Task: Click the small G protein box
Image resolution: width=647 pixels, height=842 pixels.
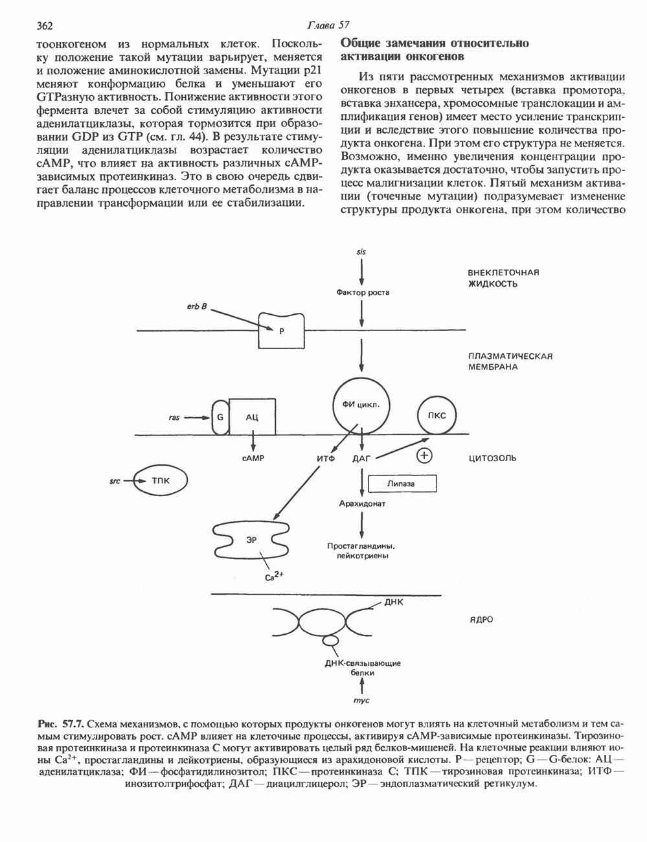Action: pos(220,416)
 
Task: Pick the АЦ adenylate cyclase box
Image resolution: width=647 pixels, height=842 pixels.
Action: pos(252,416)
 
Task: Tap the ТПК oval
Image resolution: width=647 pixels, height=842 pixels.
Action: pos(161,481)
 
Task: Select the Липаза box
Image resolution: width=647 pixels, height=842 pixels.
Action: pos(401,483)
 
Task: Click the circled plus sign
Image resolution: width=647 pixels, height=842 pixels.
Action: pos(424,456)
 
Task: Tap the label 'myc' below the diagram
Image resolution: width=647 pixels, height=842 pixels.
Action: pos(361,701)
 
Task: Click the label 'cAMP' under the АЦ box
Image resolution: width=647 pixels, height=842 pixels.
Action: pos(252,458)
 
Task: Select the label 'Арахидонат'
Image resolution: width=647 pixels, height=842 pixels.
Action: pos(362,503)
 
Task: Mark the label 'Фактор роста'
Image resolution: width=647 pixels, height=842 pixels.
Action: pos(363,292)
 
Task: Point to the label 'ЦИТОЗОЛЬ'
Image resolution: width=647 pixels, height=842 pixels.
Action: pos(493,458)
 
